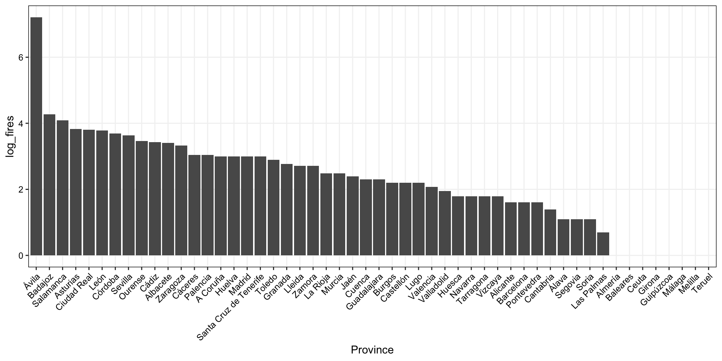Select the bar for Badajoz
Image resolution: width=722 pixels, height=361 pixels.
49,185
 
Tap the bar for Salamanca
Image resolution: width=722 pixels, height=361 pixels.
62,188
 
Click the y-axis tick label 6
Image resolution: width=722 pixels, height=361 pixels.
21,58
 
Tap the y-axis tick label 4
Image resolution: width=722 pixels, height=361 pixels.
21,123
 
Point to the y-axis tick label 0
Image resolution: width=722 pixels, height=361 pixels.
21,256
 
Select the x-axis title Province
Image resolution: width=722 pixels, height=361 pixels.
372,350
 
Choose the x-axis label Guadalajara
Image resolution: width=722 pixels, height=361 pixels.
364,291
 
